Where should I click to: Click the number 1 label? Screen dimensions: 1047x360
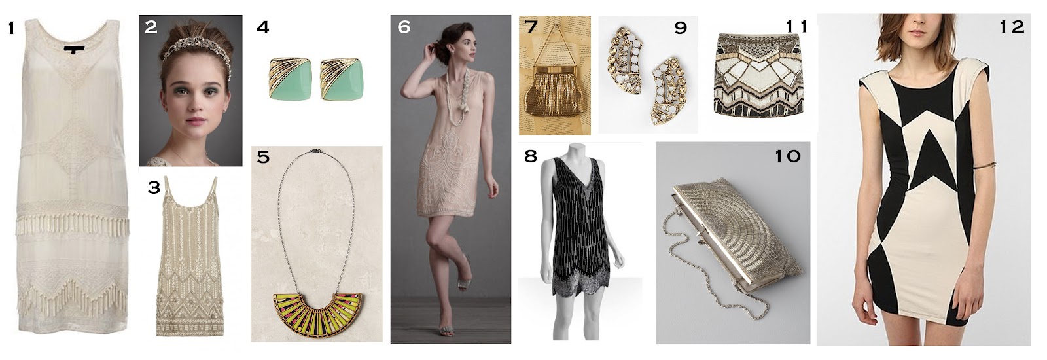[x=10, y=28]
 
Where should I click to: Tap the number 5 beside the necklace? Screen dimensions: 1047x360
[x=263, y=156]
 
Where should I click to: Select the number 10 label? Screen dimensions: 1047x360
[x=788, y=156]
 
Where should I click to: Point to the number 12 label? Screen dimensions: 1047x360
[x=1012, y=27]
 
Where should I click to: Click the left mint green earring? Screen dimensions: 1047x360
[x=291, y=79]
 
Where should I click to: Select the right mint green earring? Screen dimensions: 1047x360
[x=342, y=79]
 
